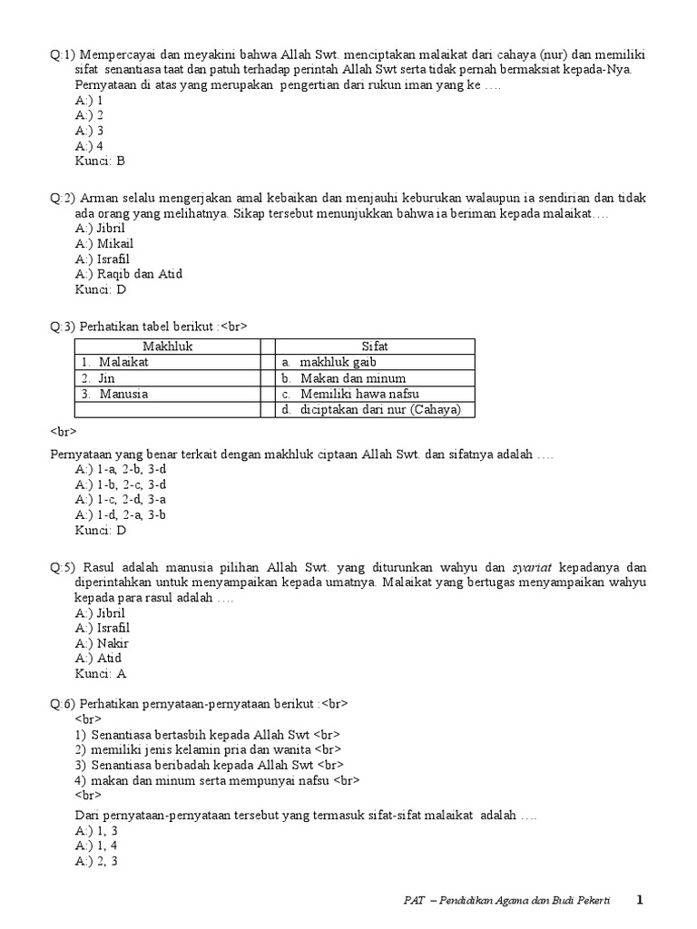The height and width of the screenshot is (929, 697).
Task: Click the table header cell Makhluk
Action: coord(167,346)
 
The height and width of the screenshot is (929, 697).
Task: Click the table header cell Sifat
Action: coord(375,346)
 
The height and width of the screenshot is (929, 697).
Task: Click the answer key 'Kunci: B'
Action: coord(100,161)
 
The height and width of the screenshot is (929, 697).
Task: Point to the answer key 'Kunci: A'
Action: coord(101,674)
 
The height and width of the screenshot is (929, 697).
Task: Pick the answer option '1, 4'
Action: coord(96,845)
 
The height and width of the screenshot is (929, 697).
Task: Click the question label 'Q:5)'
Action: coord(63,567)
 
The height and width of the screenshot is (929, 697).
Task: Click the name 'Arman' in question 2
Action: coord(99,198)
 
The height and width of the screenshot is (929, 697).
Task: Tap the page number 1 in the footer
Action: coord(639,900)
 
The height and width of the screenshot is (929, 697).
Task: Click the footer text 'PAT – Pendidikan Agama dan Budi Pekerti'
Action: coord(507,900)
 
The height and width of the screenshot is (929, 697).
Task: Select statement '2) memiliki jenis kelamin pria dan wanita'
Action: coord(196,749)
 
